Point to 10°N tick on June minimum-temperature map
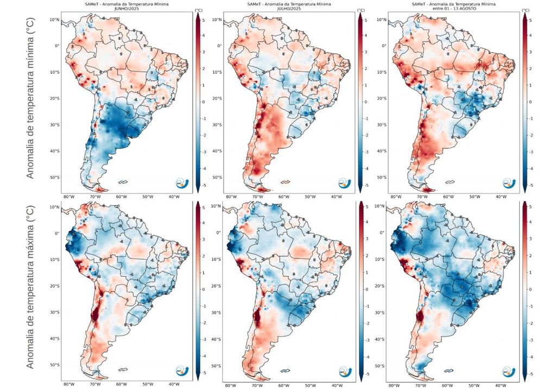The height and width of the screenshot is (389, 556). pos(53,20)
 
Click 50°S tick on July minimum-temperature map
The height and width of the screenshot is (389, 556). pos(216,178)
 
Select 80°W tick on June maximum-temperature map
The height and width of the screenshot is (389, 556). pos(69,384)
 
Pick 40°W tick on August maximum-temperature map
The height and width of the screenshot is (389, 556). pos(498,385)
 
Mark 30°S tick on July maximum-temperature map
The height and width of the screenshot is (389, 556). pos(216,313)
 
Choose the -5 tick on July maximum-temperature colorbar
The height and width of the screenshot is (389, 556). pos(369,374)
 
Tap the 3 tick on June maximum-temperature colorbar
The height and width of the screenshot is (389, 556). pos(204,239)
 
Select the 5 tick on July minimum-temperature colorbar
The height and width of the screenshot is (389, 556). pos(367,20)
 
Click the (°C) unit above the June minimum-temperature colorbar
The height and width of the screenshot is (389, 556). pos(199,10)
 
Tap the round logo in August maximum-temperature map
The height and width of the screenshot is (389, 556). pos(509,371)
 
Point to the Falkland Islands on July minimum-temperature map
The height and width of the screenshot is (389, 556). pos(285,183)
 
